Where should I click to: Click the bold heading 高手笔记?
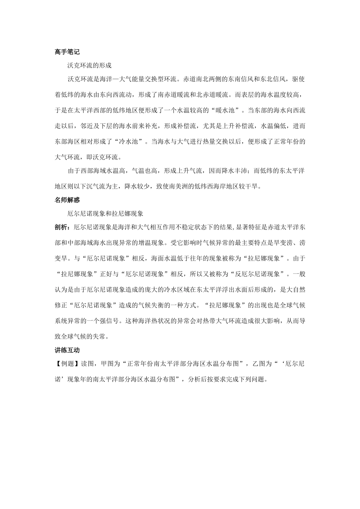67,52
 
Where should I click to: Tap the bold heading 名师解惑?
67,200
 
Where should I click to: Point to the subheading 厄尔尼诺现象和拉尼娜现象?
105,213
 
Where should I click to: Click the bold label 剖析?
61,227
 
